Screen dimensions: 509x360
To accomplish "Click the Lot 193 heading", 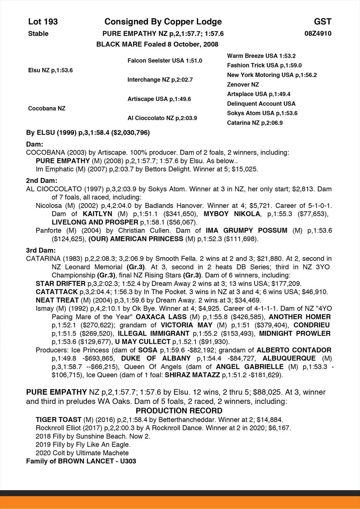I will (43, 22).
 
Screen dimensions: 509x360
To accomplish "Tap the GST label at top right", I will (322, 22).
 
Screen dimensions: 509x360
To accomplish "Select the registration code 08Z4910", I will (318, 34).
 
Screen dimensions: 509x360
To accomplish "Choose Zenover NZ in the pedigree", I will (243, 84).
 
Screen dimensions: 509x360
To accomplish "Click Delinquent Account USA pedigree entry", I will (261, 104).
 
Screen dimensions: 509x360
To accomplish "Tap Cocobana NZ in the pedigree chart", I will (47, 108).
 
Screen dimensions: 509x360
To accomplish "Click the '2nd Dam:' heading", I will (41, 181).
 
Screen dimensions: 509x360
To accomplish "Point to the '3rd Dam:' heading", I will (41, 250).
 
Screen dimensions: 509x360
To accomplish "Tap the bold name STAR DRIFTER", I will (61, 284).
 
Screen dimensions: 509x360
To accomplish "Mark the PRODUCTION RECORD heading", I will (179, 411).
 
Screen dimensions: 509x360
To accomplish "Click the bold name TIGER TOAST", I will (59, 420).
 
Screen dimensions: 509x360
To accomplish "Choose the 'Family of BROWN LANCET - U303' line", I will (81, 461).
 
